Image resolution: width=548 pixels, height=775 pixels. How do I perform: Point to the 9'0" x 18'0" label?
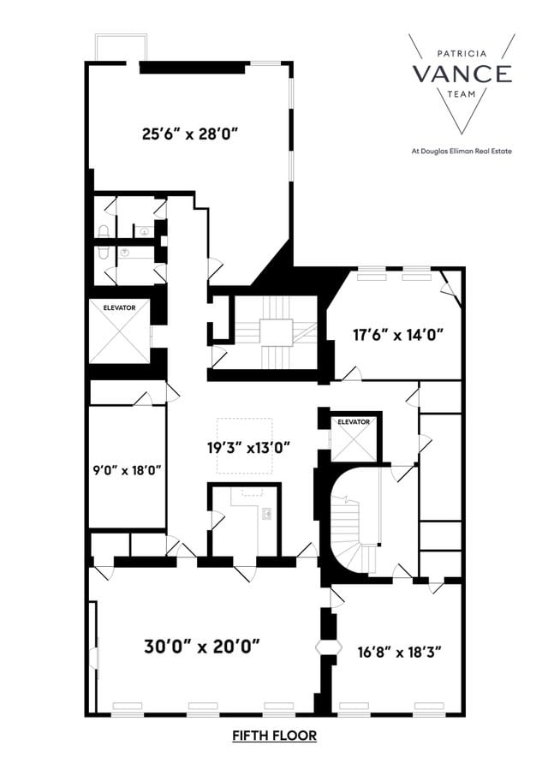[x=127, y=468]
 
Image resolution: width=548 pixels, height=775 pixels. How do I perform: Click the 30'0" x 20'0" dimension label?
[x=202, y=645]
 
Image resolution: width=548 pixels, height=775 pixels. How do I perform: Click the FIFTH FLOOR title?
[x=274, y=736]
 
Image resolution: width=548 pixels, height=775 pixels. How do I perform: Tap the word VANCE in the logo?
[x=462, y=74]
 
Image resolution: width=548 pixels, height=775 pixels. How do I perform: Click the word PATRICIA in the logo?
[x=463, y=52]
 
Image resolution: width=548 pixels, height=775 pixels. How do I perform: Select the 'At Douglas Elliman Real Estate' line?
[x=462, y=152]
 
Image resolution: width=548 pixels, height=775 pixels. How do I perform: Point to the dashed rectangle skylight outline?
[x=244, y=445]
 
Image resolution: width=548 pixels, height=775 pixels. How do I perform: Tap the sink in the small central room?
[x=267, y=514]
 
